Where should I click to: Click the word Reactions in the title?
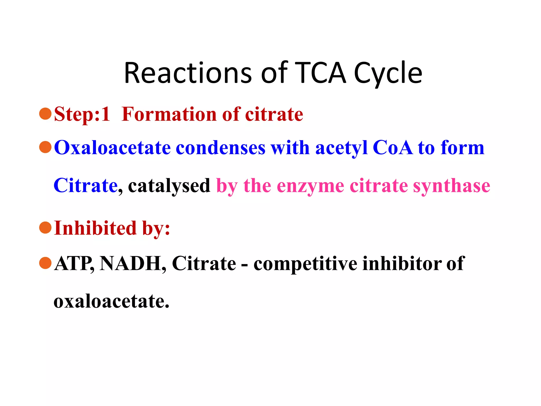tap(188, 73)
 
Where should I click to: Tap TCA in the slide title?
tap(320, 73)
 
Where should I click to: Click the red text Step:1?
tap(82, 114)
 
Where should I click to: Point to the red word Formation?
tap(169, 114)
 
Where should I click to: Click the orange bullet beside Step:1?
tap(45, 114)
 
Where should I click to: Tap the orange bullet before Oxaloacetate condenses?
tap(45, 147)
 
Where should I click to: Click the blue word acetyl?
tap(341, 148)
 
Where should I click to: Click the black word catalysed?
tap(169, 186)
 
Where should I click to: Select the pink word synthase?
tap(452, 186)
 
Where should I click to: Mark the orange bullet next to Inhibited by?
tap(45, 228)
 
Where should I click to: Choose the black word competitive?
tap(305, 264)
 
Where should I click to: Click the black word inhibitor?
tap(402, 264)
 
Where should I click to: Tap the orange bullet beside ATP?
tap(45, 263)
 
